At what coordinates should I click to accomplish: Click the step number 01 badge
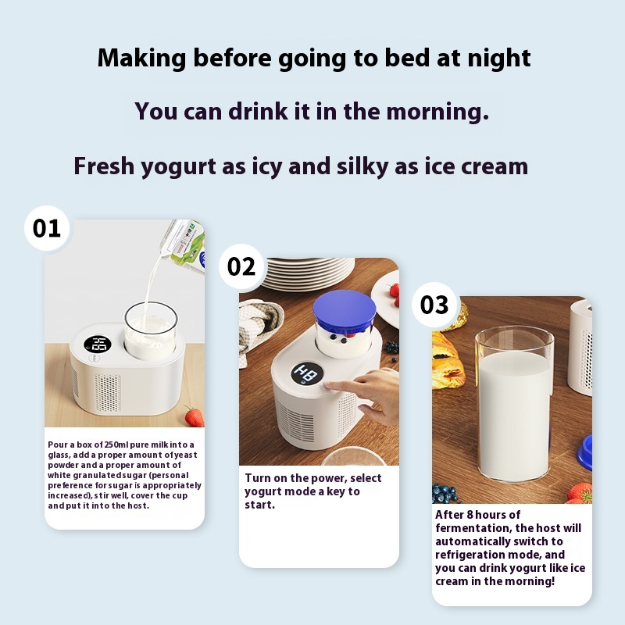click(47, 228)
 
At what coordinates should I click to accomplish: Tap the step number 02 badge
click(241, 266)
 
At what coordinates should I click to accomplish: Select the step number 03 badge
click(434, 305)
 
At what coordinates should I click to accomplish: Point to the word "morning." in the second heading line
click(437, 111)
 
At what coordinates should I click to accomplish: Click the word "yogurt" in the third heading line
click(179, 166)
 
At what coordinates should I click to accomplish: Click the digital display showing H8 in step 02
click(306, 374)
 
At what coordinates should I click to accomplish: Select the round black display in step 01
click(97, 345)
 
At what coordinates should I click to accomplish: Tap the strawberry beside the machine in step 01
click(194, 416)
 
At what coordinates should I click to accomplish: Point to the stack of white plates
click(309, 273)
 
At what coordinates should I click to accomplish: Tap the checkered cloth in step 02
click(259, 327)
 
